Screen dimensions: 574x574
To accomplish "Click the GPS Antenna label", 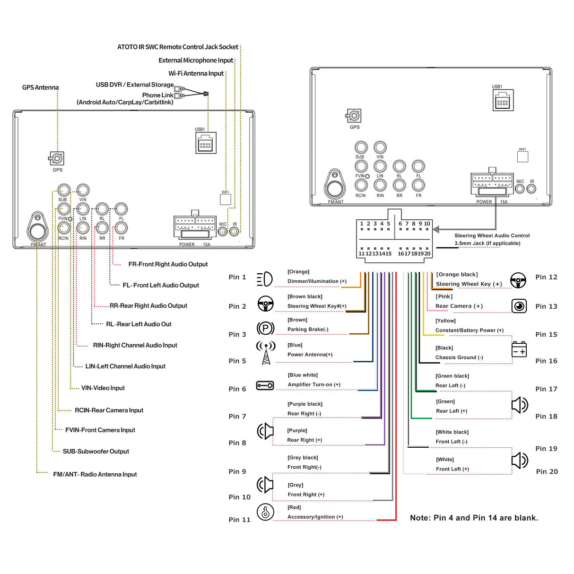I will (40, 87).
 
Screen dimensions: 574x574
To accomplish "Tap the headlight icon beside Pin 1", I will (265, 279).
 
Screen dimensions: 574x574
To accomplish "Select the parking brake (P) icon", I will (265, 328).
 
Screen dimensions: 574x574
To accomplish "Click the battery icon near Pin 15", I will (519, 349).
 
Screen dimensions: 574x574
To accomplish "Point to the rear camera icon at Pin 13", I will (519, 306).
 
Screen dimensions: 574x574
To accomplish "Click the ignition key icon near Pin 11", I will (265, 512).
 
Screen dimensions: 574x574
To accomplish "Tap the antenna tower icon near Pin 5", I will (266, 352).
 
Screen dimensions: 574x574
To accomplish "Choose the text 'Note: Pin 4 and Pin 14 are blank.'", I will (474, 518).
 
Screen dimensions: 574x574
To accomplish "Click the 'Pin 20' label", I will (547, 471).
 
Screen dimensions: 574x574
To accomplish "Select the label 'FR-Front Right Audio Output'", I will (168, 264).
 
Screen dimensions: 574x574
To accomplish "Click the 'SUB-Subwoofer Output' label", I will (96, 452).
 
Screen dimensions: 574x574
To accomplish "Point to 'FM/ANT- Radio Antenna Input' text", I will (95, 474).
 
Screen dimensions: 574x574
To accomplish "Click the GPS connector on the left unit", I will (57, 158).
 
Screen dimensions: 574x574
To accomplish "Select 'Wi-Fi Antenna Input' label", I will (196, 73).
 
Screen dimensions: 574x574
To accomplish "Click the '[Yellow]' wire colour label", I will (445, 321).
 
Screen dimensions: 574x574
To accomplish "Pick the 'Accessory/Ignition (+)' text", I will (315, 517).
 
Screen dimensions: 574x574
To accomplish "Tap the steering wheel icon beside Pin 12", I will (518, 280).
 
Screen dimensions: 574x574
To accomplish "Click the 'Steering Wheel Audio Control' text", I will (492, 235).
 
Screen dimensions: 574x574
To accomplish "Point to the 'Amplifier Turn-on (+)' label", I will (314, 384).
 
